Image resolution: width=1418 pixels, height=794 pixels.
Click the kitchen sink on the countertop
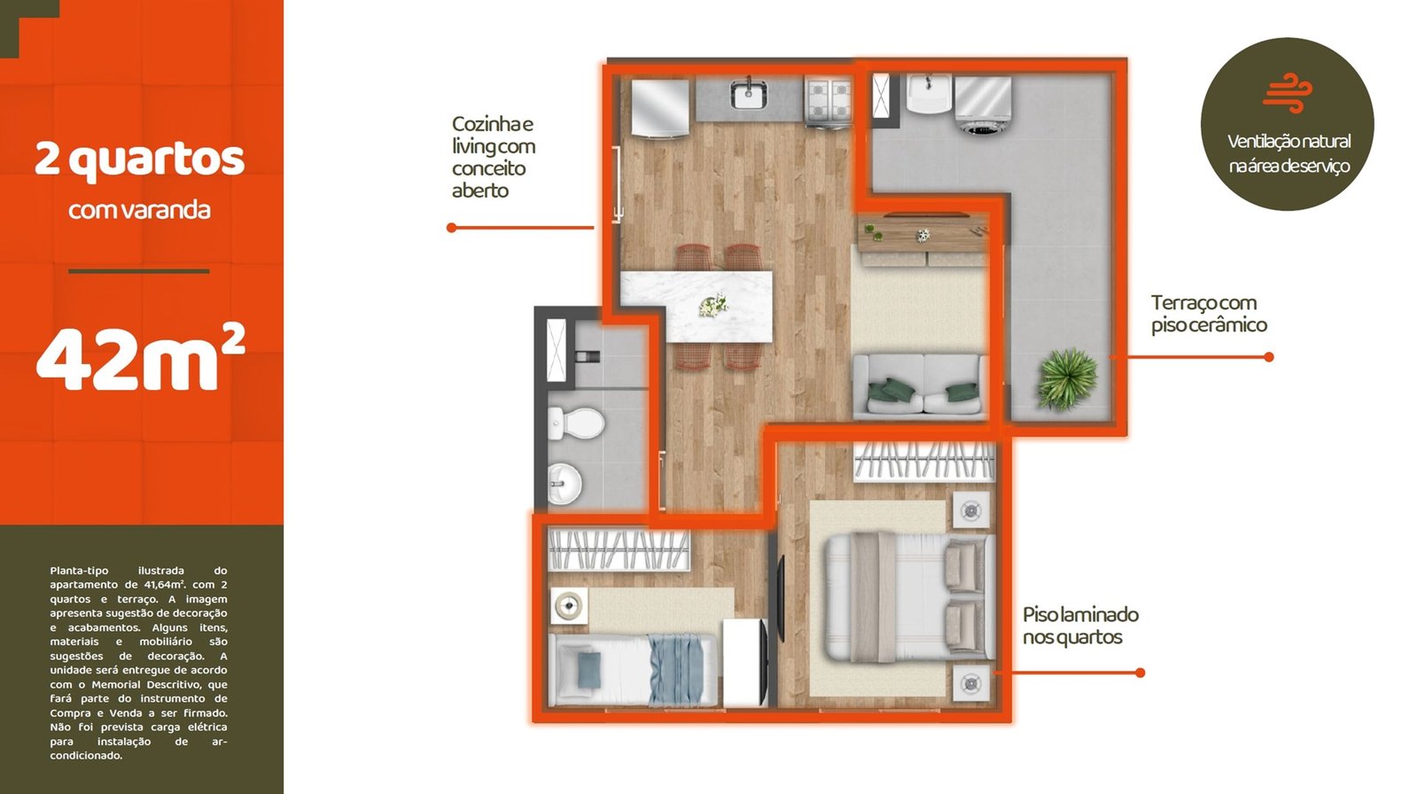click(749, 94)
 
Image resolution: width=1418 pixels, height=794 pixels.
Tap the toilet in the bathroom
click(575, 423)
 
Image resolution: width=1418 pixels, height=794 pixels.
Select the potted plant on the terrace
click(1067, 378)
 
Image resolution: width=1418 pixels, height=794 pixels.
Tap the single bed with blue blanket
click(633, 670)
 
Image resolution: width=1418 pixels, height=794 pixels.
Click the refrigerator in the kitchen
click(659, 106)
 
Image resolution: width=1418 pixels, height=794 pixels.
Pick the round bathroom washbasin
click(564, 484)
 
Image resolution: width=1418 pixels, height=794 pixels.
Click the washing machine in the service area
click(983, 105)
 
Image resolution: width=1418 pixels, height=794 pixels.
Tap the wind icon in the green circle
click(1288, 93)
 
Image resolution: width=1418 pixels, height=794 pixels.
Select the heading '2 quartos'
click(139, 160)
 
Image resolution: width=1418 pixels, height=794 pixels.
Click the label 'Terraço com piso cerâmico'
click(1209, 314)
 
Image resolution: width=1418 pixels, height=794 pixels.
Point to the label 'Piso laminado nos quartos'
click(1080, 626)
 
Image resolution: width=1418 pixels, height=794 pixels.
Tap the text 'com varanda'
click(139, 210)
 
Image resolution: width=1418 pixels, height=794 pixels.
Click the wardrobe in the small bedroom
click(619, 549)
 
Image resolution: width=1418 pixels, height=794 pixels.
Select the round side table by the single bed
click(568, 606)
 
